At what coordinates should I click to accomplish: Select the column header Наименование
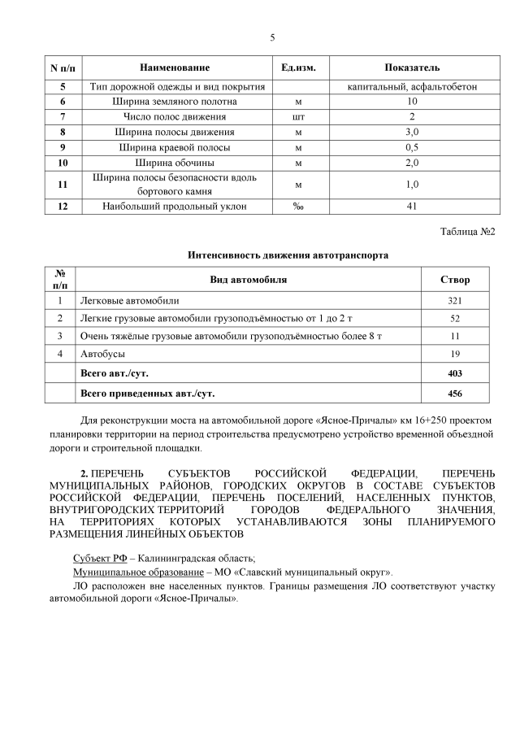click(x=175, y=68)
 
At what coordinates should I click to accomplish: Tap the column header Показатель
click(x=412, y=68)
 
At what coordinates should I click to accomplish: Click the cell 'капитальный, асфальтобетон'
click(x=412, y=86)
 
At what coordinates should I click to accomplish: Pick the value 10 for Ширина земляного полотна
click(x=412, y=102)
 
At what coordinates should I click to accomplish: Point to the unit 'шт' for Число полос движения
click(x=298, y=117)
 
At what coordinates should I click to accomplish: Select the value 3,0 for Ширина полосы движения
click(x=412, y=132)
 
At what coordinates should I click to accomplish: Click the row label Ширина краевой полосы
click(x=175, y=147)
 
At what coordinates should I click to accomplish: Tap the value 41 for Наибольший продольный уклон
click(x=412, y=207)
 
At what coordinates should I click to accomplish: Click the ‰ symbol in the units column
click(x=298, y=207)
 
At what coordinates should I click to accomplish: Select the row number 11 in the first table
click(x=63, y=185)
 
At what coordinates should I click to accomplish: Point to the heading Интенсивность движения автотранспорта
click(x=276, y=255)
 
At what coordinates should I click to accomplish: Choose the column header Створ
click(x=454, y=280)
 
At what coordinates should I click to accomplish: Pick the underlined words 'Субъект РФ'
click(x=99, y=558)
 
